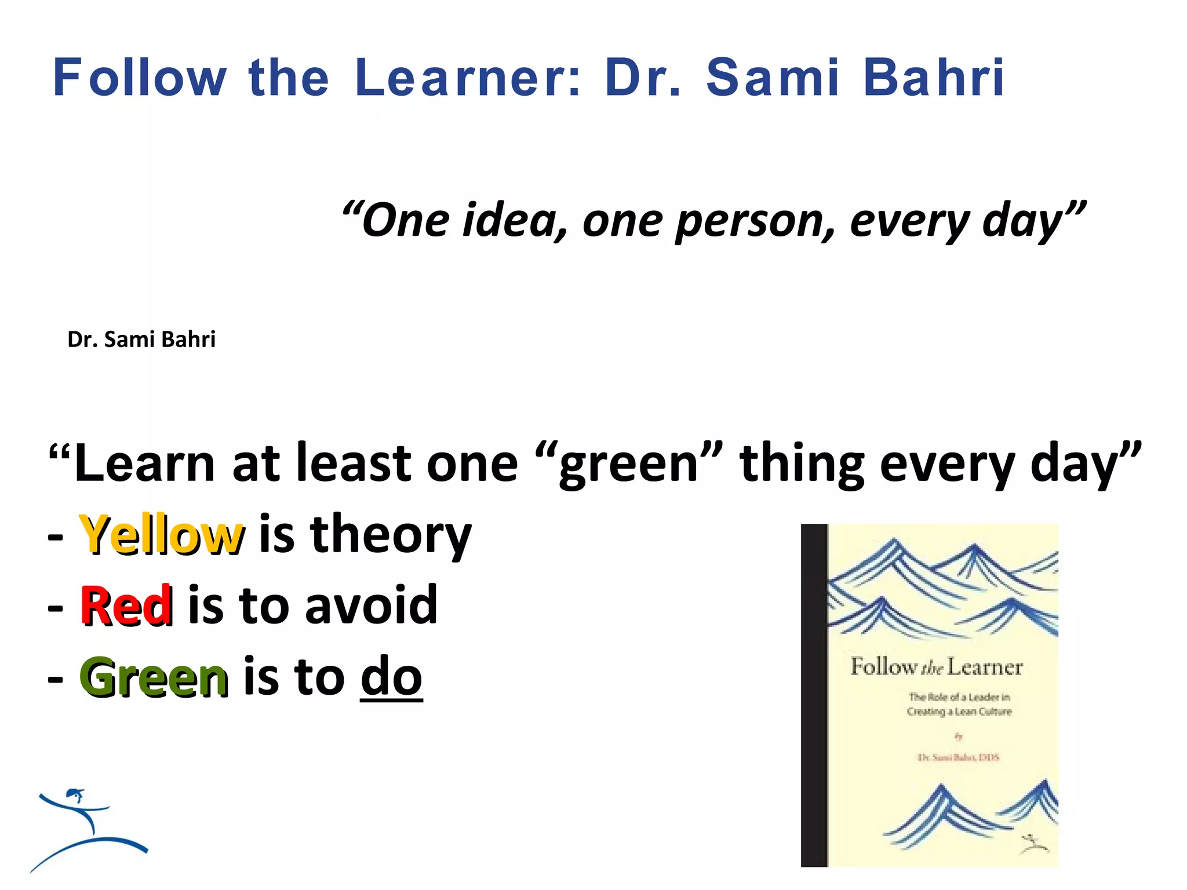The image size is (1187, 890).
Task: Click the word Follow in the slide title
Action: coord(140,78)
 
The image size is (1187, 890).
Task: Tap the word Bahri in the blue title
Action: coord(934,78)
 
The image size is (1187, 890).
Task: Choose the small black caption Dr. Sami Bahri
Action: coord(141,340)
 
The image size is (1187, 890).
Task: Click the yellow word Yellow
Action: coord(162,534)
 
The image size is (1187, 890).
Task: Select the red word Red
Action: coord(126,606)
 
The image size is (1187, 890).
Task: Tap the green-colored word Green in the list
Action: coord(154,677)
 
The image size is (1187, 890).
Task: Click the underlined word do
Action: coord(391,677)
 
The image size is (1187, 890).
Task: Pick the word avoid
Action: coord(371,606)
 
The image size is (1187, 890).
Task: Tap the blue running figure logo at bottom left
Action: coord(87,829)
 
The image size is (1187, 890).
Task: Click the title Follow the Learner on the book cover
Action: coord(936,667)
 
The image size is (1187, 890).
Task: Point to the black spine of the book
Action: coord(814,695)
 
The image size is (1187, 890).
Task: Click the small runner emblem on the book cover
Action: coord(1034,844)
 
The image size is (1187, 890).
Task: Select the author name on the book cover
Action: coord(958,757)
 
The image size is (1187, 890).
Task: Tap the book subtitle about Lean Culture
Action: coord(959,704)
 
